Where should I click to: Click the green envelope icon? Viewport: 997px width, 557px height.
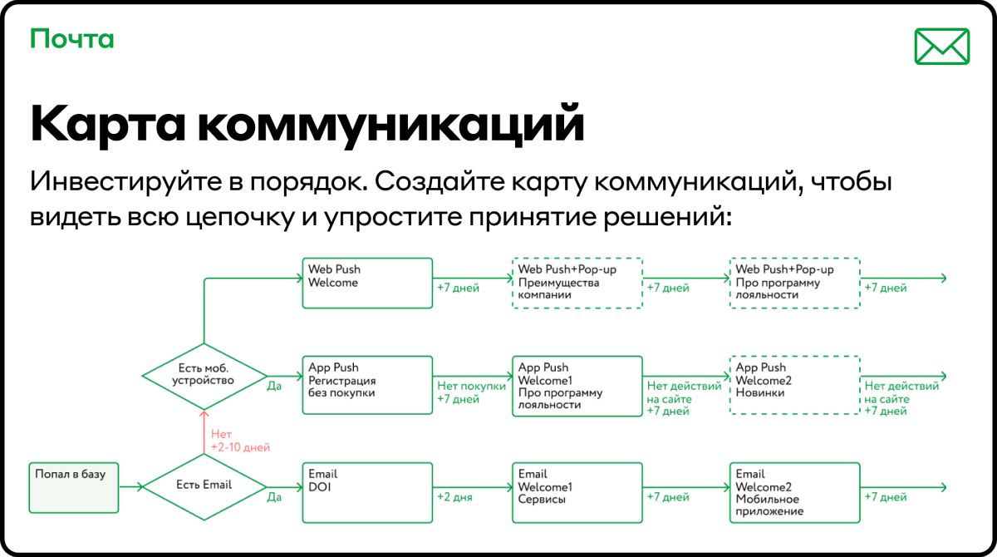[x=942, y=47]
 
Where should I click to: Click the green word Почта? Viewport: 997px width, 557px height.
[x=72, y=39]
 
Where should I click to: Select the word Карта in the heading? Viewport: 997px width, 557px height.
[x=107, y=123]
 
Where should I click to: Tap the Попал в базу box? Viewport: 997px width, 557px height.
[x=74, y=487]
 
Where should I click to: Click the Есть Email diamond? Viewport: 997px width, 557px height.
[x=204, y=487]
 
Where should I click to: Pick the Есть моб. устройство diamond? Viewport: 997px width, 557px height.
[x=204, y=377]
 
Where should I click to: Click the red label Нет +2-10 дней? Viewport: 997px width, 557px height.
[x=240, y=441]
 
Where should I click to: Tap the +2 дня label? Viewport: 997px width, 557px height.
[x=454, y=497]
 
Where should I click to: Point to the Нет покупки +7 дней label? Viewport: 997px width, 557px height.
[x=471, y=392]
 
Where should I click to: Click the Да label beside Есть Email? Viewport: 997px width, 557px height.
[x=274, y=497]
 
